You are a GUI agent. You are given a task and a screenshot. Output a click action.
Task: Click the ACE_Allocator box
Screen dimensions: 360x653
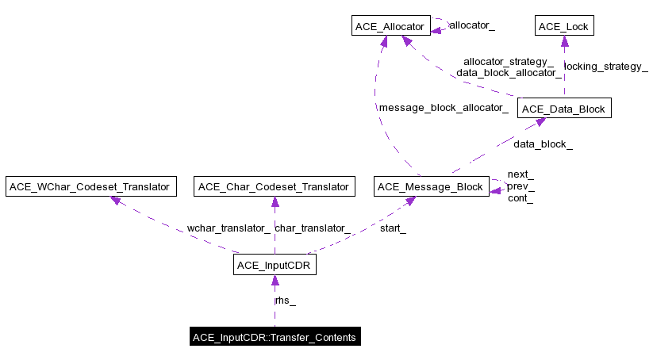pyautogui.click(x=390, y=27)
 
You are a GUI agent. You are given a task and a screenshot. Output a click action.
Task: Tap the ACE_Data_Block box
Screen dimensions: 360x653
pyautogui.click(x=564, y=109)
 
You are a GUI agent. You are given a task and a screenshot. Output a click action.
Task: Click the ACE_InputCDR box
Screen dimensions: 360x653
pyautogui.click(x=275, y=265)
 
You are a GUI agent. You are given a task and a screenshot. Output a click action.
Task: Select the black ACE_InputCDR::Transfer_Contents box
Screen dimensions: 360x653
pyautogui.click(x=275, y=337)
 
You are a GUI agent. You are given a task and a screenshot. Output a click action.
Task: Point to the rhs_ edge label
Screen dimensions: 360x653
pyautogui.click(x=286, y=301)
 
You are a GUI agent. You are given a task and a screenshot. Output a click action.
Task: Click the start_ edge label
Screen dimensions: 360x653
pyautogui.click(x=393, y=228)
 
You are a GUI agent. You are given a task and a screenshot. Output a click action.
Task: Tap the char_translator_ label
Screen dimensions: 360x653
pyautogui.click(x=313, y=228)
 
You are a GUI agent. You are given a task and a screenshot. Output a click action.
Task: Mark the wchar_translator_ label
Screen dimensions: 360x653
pyautogui.click(x=229, y=228)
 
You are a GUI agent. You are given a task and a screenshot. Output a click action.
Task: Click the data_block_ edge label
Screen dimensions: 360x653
pyautogui.click(x=543, y=144)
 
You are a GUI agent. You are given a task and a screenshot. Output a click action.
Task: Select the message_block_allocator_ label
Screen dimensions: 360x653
pyautogui.click(x=444, y=108)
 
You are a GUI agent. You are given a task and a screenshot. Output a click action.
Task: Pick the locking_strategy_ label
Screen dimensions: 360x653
pyautogui.click(x=605, y=67)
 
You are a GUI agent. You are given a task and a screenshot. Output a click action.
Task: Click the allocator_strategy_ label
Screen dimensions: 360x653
pyautogui.click(x=509, y=61)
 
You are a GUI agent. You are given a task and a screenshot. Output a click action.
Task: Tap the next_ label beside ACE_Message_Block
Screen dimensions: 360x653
pyautogui.click(x=520, y=174)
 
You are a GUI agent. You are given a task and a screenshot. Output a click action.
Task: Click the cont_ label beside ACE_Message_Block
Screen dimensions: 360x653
pyautogui.click(x=520, y=198)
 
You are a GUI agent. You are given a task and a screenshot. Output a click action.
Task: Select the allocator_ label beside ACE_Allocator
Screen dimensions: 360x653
pyautogui.click(x=472, y=25)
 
